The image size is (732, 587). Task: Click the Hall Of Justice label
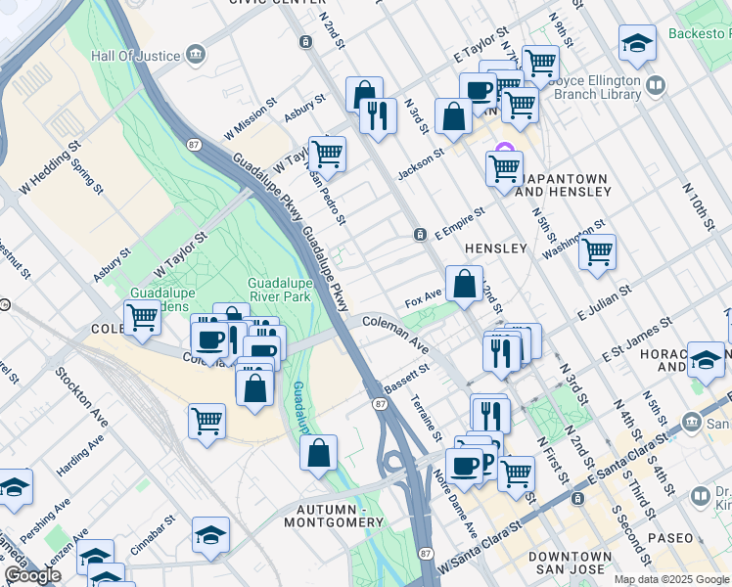tap(136, 55)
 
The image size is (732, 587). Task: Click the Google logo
tap(32, 575)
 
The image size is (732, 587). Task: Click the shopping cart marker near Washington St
tap(597, 252)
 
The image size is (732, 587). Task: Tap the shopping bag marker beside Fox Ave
tap(465, 285)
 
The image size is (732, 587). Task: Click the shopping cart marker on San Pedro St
tap(327, 155)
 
